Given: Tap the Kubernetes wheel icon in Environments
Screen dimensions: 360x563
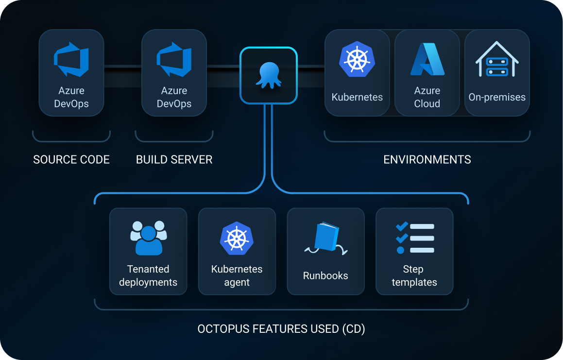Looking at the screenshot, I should pos(357,59).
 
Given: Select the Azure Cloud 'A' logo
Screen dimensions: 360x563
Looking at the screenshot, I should pos(427,59).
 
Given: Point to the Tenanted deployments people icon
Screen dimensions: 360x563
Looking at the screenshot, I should pos(148,238).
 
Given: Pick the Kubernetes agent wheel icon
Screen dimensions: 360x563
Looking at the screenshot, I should pos(237,238).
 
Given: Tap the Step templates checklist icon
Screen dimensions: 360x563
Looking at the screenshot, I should pos(415,238).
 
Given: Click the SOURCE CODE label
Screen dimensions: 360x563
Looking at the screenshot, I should pos(71,159).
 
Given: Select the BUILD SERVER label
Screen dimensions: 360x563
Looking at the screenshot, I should pos(174,159).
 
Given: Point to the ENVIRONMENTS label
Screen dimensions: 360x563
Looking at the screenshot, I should pos(427,159).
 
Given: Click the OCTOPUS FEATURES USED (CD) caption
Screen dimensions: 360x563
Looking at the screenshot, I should pos(281,329).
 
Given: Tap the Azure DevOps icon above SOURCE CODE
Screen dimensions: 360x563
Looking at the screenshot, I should pos(71,59).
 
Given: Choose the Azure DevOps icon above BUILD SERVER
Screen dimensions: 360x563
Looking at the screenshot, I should pos(174,59).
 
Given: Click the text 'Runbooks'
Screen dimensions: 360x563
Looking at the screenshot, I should pos(325,275).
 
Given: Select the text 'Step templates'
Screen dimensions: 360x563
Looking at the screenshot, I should pos(414,275).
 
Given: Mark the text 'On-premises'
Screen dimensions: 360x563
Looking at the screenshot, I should pos(497,97).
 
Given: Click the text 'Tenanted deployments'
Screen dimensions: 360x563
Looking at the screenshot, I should pos(148,275).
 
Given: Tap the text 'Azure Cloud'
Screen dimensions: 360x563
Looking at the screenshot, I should pos(427,97).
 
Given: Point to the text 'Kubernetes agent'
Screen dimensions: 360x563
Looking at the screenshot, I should pos(237,275).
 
